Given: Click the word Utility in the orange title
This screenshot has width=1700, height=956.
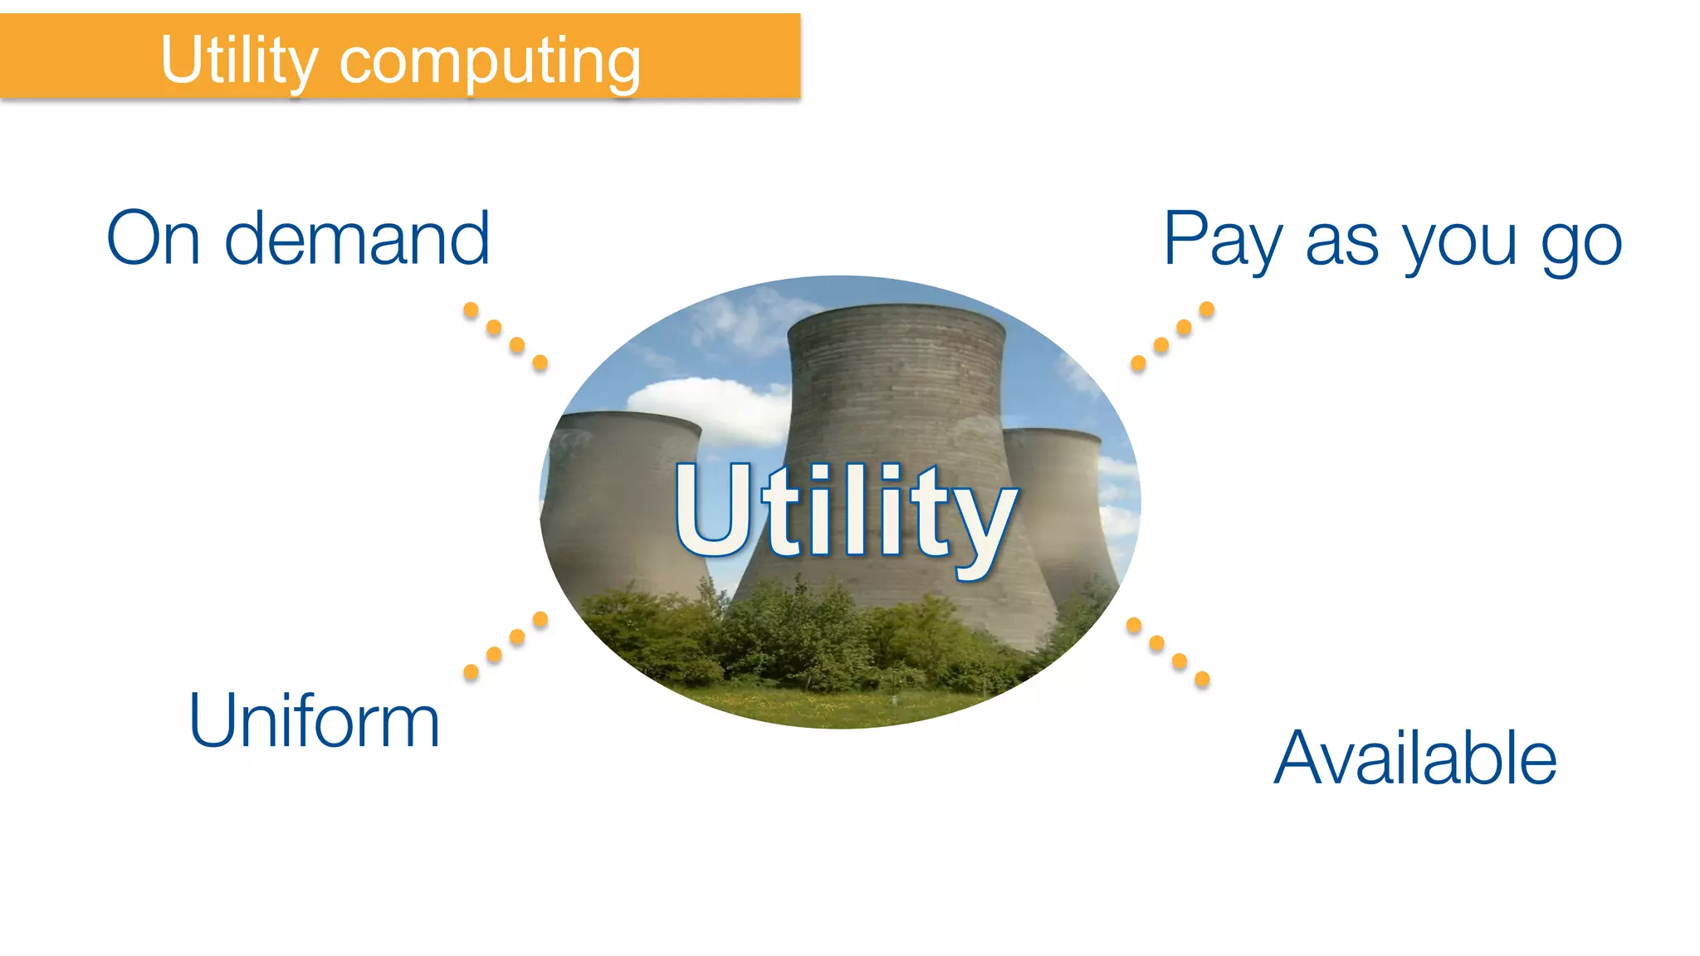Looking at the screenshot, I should (x=239, y=60).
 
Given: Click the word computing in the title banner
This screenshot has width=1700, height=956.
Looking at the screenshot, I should (x=490, y=63).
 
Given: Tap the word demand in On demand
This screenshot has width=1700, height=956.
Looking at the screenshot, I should (x=357, y=239).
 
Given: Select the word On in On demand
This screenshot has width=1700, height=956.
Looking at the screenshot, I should (x=154, y=239).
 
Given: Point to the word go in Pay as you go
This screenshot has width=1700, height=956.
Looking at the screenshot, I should (x=1581, y=244).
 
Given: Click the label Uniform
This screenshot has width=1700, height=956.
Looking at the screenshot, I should (x=314, y=720).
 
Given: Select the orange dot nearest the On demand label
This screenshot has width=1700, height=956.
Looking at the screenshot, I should (x=471, y=310).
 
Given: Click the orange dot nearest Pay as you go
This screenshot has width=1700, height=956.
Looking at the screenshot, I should (x=1207, y=310).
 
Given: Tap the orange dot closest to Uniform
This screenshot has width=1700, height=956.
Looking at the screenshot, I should (x=471, y=672).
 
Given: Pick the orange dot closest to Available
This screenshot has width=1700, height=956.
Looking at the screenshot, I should (x=1202, y=680).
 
